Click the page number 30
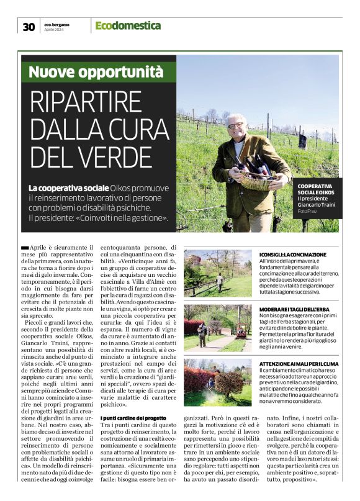29,26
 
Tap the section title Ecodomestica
128,25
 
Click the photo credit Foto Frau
307,212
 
